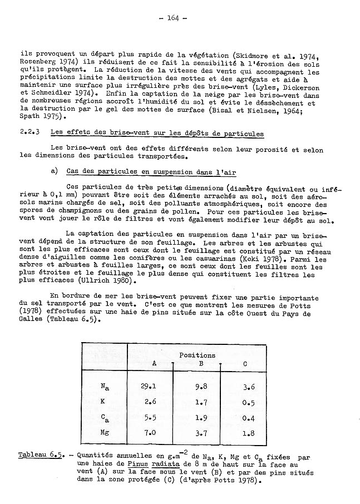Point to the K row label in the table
[103, 401]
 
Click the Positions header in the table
[197, 354]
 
